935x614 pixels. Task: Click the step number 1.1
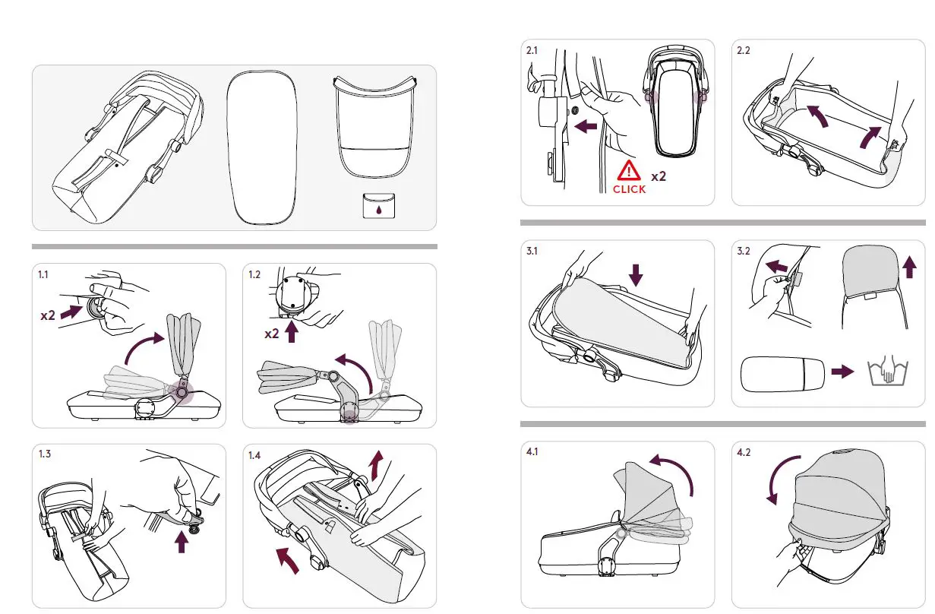45,275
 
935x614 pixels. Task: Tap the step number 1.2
255,275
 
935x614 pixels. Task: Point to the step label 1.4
255,455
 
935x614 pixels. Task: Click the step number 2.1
532,51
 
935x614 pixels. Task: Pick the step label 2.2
744,51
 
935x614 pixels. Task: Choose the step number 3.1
532,252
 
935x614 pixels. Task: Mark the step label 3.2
744,252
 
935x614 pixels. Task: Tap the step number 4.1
532,452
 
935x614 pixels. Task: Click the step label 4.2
744,452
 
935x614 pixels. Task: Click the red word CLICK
629,189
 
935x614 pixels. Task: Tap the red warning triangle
629,171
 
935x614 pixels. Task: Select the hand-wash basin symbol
882,372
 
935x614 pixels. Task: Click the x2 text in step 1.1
47,315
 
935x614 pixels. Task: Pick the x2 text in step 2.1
659,176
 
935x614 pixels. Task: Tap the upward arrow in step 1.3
181,543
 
